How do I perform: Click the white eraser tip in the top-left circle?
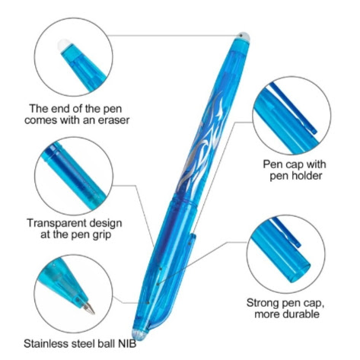[x=63, y=46]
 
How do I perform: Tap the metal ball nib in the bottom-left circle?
[x=89, y=307]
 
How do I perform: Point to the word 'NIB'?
[x=127, y=344]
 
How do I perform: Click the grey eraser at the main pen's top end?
[x=244, y=37]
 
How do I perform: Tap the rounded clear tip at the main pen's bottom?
[x=140, y=335]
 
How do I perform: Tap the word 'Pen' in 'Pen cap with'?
[x=272, y=164]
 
